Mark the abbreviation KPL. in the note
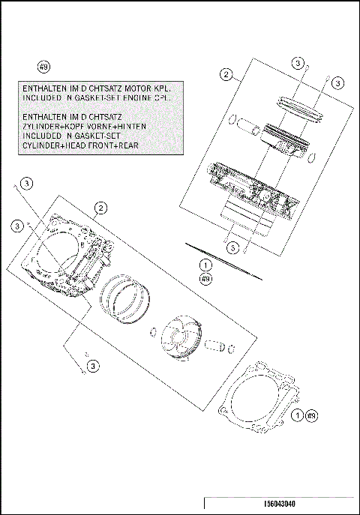pyautogui.click(x=169, y=88)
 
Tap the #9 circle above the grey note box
pyautogui.click(x=43, y=67)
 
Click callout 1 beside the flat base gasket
pyautogui.click(x=298, y=415)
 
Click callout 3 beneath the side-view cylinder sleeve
pyautogui.click(x=233, y=247)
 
